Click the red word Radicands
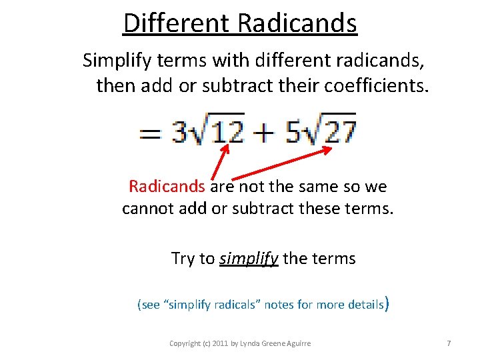(167, 186)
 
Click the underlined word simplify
(249, 258)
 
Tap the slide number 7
(449, 343)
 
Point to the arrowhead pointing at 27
(327, 149)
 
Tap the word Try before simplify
(183, 258)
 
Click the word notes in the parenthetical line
(279, 305)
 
